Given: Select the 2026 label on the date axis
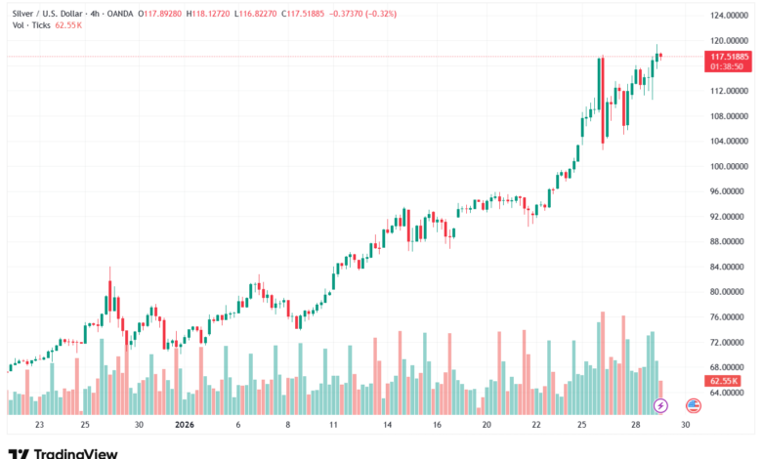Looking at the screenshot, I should tap(185, 426).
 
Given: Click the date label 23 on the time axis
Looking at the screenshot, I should tap(40, 426).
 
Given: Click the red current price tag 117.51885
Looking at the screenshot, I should tap(730, 58).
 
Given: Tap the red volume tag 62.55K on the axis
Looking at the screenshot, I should tap(724, 381).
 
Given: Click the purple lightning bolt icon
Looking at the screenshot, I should tap(660, 405).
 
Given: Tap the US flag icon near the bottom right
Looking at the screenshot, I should tap(693, 405).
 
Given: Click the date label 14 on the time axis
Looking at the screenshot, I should tap(388, 426).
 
